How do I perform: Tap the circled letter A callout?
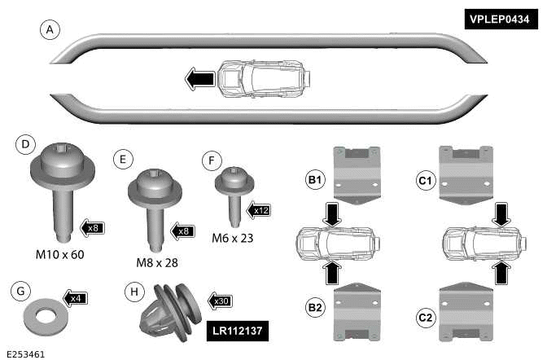click(50, 30)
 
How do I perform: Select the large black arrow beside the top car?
click(199, 79)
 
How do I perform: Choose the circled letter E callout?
click(123, 159)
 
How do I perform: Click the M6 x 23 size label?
click(233, 238)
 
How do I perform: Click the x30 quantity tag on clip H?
click(220, 301)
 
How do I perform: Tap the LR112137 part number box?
click(238, 331)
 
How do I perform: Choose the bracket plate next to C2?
click(466, 310)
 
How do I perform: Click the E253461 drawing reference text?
click(24, 353)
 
